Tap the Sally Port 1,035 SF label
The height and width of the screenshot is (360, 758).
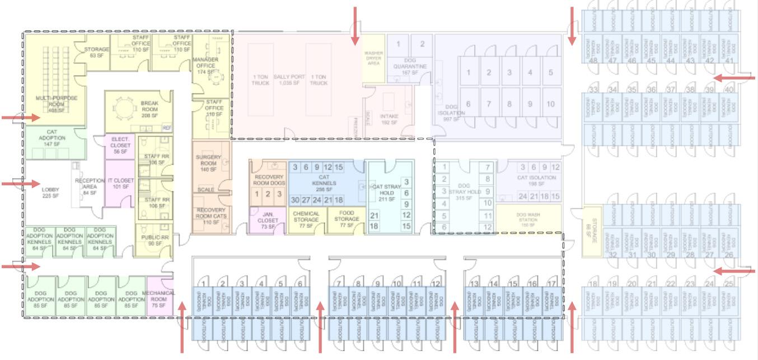tap(287, 78)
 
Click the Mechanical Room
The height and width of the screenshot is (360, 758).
tap(158, 298)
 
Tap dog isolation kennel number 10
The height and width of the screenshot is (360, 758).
tap(551, 104)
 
